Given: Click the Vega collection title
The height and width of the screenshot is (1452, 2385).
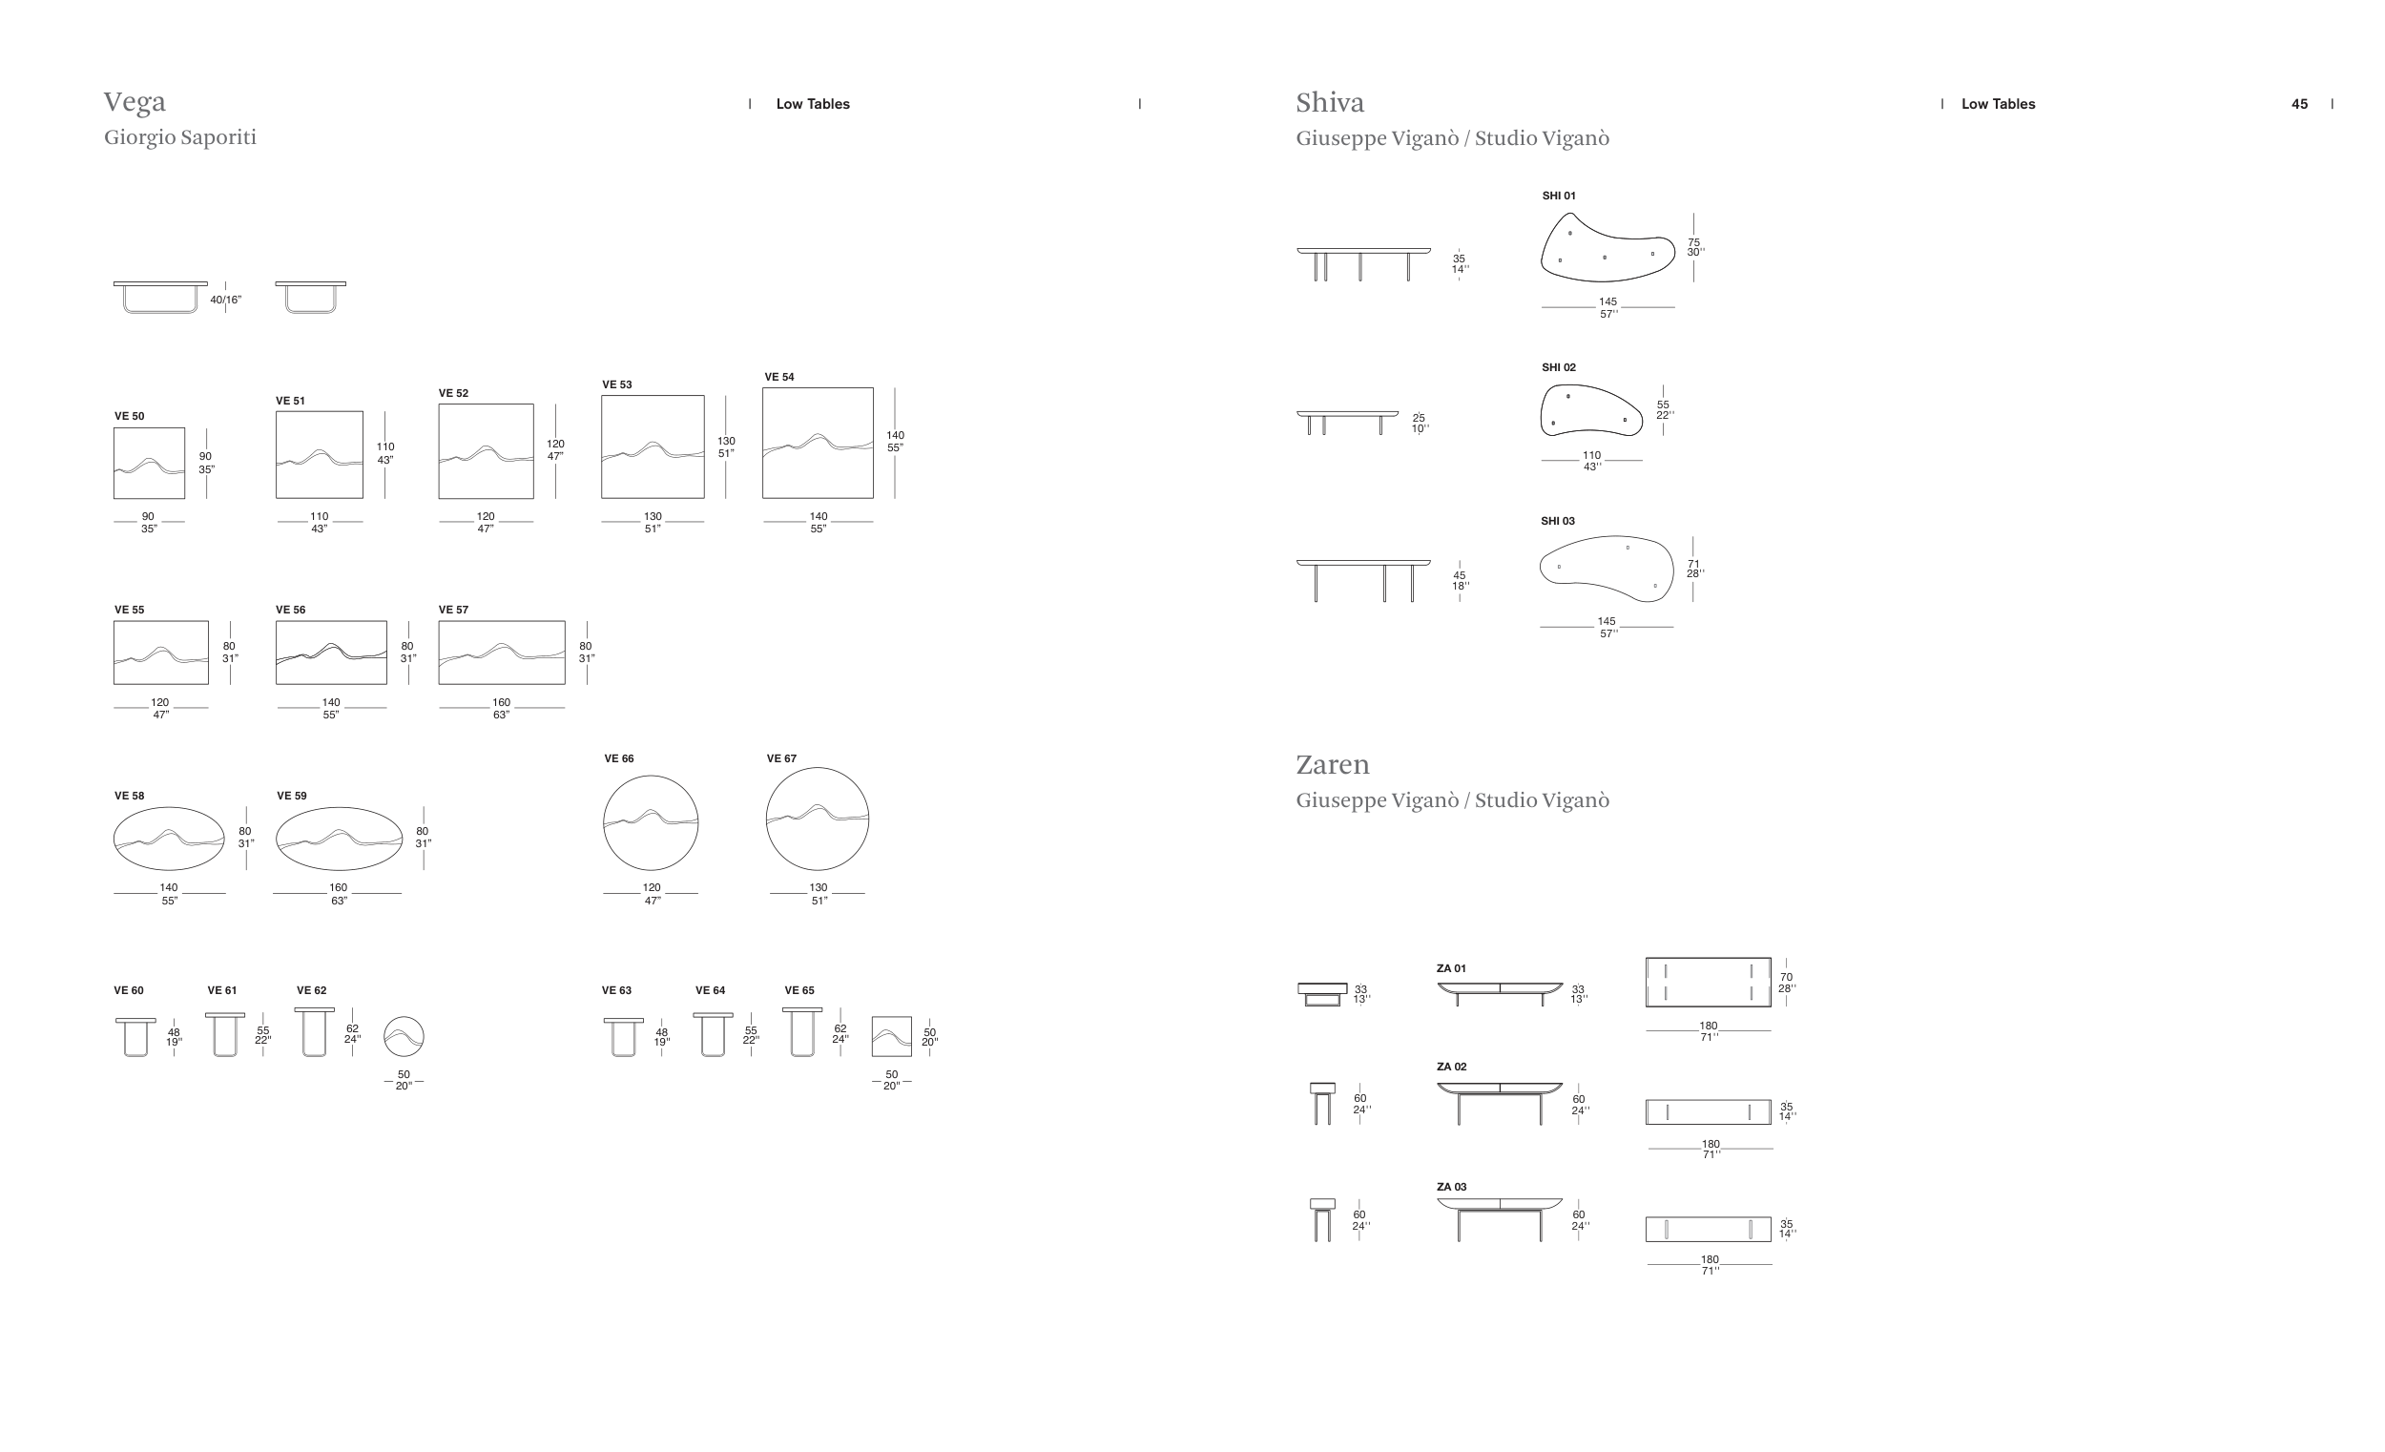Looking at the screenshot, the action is click(135, 102).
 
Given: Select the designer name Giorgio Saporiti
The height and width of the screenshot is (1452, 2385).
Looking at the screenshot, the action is click(180, 137).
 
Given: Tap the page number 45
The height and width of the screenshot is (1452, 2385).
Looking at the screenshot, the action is click(2300, 104).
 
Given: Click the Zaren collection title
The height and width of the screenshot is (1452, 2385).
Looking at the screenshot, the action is click(1333, 765).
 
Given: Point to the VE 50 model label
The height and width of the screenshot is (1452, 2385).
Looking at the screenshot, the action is click(129, 416).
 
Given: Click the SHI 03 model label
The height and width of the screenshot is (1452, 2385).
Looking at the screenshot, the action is click(1558, 521).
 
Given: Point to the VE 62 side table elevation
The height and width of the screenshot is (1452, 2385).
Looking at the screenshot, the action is click(315, 1032).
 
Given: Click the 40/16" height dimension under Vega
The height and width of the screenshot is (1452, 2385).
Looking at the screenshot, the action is click(225, 301).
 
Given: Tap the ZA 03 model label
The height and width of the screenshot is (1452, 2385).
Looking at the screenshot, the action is click(1451, 1187).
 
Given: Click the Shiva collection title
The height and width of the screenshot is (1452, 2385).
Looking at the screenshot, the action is click(1330, 103).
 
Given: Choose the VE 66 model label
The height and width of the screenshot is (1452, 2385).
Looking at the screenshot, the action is click(618, 758).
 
